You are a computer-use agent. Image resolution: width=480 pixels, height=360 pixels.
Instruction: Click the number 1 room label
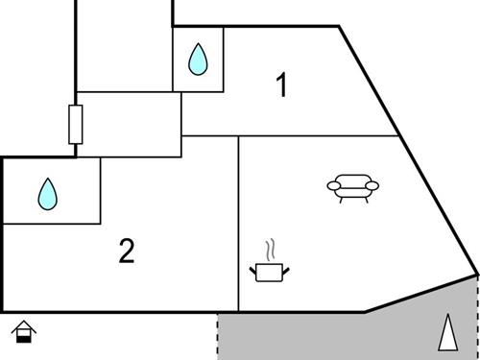coord(280,86)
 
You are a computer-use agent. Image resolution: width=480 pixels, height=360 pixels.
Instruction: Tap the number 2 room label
coord(127,252)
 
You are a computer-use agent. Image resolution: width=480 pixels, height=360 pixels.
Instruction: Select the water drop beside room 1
coord(198,60)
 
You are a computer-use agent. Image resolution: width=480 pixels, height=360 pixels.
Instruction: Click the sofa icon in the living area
coord(352,187)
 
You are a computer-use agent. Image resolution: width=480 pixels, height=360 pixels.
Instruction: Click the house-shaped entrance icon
coord(25,332)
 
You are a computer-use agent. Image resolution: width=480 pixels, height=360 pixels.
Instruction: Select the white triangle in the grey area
coord(446,333)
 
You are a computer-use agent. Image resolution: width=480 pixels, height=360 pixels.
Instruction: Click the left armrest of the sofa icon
coord(332,185)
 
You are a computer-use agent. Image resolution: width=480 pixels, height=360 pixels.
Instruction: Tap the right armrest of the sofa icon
coord(372,185)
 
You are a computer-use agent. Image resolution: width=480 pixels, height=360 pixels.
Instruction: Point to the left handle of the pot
coord(252,270)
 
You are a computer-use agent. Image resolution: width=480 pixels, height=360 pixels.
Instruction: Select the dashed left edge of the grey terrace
coord(217,336)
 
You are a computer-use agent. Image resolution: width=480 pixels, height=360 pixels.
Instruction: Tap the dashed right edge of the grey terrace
coord(477,317)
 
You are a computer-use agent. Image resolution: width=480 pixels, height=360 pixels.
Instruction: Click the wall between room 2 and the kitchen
coord(238,230)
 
